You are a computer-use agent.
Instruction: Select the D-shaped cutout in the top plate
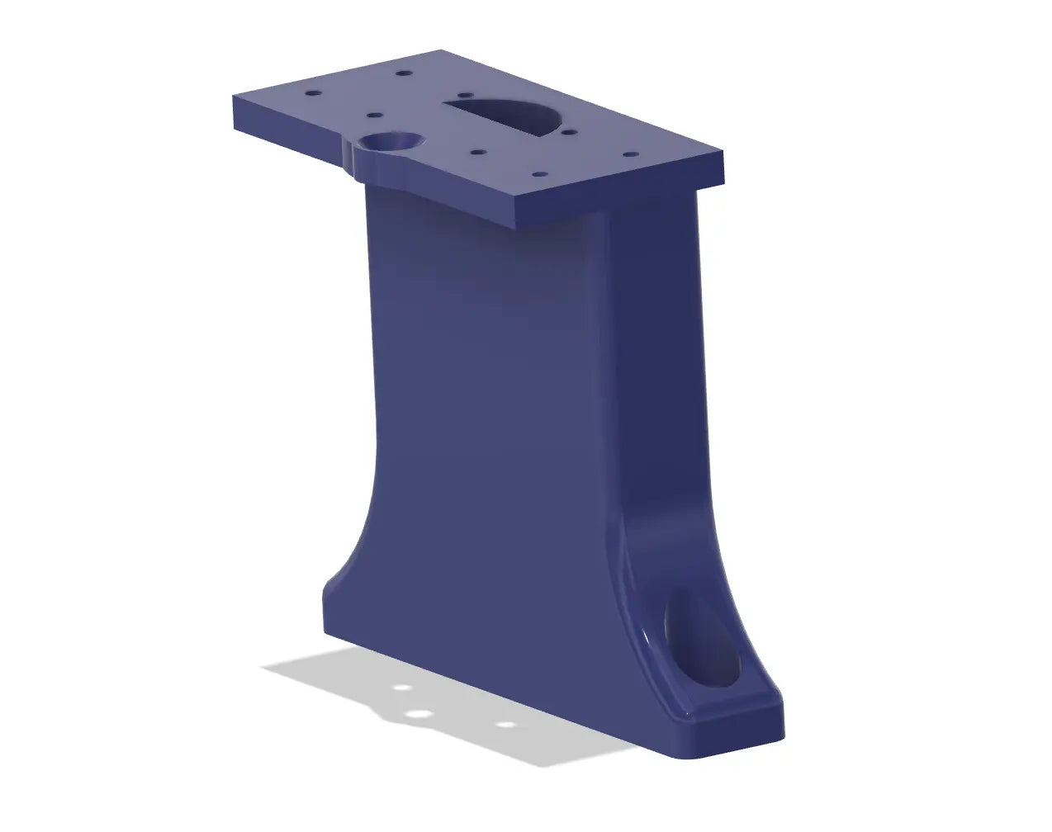505,114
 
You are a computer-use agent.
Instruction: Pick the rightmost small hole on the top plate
630,154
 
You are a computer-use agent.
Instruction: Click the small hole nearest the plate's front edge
538,175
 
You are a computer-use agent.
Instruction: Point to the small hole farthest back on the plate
403,73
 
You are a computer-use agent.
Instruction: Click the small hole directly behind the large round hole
372,116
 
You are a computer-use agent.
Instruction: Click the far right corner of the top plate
724,154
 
